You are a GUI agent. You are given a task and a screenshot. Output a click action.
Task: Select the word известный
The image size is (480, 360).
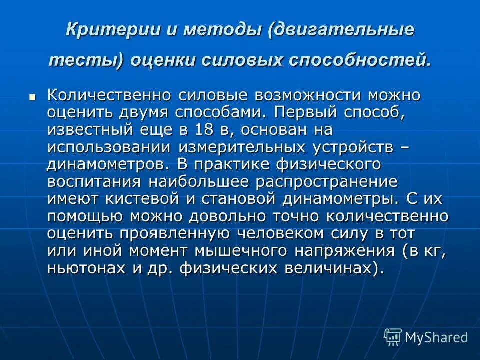(89, 130)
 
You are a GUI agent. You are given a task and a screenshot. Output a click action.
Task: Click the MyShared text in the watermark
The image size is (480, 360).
(436, 337)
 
